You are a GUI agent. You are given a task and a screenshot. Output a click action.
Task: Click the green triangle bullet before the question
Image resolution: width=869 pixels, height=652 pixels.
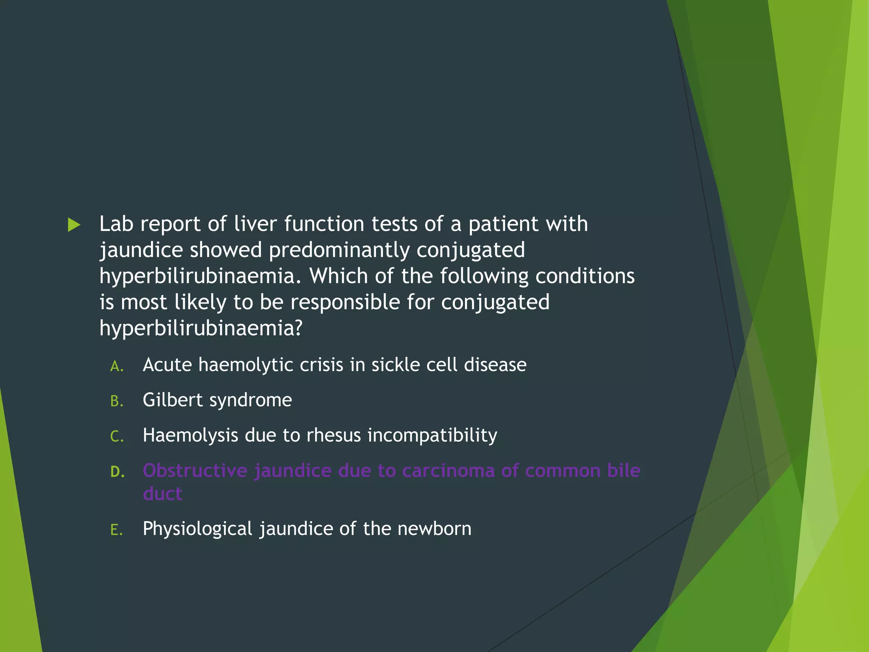pos(74,225)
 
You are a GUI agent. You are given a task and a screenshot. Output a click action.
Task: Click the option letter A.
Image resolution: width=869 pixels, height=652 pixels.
pos(117,366)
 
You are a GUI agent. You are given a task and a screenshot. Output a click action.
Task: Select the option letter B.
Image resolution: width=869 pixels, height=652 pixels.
pos(117,401)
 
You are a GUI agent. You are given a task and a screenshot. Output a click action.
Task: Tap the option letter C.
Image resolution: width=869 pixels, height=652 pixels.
pos(117,436)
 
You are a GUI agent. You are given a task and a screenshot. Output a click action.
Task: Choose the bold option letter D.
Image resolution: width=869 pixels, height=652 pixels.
pos(118,472)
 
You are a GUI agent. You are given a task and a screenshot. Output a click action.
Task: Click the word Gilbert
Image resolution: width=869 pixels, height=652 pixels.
pos(172,400)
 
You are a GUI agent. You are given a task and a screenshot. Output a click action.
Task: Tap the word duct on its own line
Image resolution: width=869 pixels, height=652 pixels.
pos(163,494)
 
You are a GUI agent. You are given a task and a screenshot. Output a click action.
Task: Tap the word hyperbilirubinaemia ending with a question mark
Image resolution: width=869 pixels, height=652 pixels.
pos(200,328)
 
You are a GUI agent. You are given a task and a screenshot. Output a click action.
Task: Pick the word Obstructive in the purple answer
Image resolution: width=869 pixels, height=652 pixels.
pos(195,471)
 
